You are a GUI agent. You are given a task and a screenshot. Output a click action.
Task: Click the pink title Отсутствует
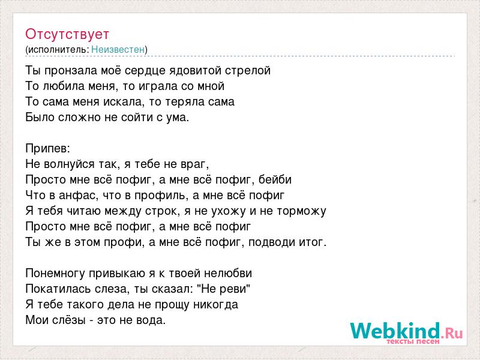click(x=67, y=34)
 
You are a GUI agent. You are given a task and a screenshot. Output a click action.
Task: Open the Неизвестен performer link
click(x=118, y=49)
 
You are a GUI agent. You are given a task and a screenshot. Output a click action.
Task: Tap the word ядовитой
click(x=192, y=71)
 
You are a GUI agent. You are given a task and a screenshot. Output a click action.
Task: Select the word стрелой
click(x=248, y=71)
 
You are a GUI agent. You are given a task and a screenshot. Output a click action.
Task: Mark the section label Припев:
click(x=48, y=149)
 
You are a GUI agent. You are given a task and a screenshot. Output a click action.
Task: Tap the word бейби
click(x=275, y=179)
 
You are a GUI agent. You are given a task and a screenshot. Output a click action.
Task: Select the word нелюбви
click(x=228, y=274)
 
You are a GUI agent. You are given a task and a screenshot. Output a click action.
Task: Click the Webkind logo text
click(x=406, y=331)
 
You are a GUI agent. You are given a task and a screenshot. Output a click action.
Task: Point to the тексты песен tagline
click(x=413, y=341)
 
